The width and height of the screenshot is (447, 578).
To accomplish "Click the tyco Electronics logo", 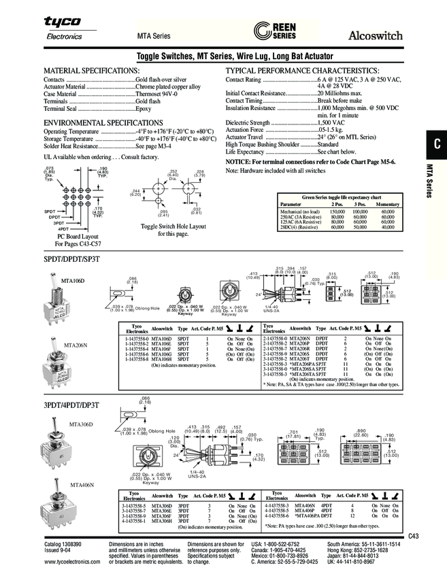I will [x=63, y=29].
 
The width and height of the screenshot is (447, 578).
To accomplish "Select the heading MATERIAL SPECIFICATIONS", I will [x=91, y=71].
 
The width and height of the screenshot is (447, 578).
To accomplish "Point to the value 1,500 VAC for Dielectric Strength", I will [x=332, y=122].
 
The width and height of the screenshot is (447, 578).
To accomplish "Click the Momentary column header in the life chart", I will [x=387, y=204].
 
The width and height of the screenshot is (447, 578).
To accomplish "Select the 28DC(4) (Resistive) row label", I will [x=300, y=228].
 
